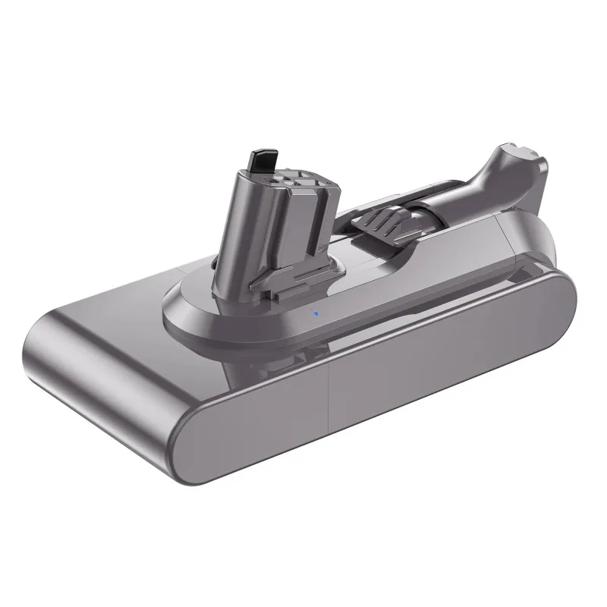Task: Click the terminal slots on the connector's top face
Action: [300, 179]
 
